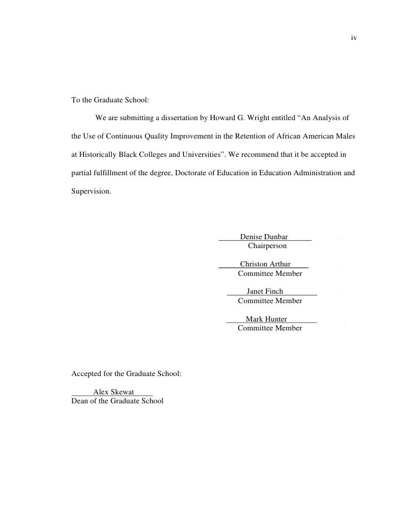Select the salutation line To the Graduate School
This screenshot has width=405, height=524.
pyautogui.click(x=111, y=101)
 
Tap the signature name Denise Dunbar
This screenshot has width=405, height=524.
pyautogui.click(x=264, y=237)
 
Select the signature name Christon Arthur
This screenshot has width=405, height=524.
pyautogui.click(x=265, y=264)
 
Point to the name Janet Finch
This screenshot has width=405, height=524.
pyautogui.click(x=265, y=291)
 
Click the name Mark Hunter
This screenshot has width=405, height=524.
pyautogui.click(x=266, y=319)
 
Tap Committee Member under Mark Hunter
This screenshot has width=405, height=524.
pyautogui.click(x=270, y=328)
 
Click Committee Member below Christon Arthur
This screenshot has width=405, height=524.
pyautogui.click(x=270, y=273)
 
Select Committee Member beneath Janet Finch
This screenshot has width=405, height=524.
pyautogui.click(x=270, y=300)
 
